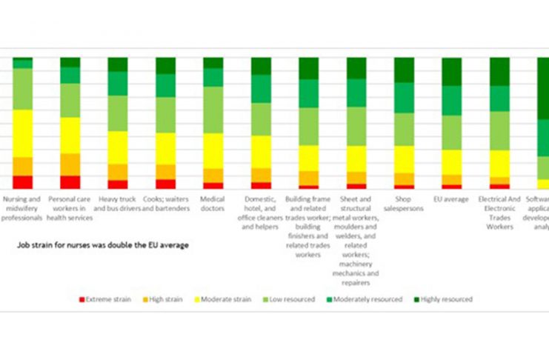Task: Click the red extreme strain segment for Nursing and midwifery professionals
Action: pos(22,182)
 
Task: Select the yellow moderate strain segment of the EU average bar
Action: pos(451,161)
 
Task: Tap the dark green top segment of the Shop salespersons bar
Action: pos(404,70)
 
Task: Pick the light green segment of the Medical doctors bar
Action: pos(213,110)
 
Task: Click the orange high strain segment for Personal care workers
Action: pos(70,164)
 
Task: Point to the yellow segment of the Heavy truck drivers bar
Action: pos(117,147)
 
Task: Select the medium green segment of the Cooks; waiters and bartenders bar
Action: pos(165,85)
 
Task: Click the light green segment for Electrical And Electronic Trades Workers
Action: pos(499,130)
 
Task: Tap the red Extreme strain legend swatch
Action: pos(81,300)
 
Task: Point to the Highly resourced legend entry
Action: pos(445,300)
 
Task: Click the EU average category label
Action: pos(451,199)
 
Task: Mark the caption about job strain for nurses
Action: pos(103,244)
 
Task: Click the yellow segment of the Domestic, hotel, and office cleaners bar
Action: pos(261,152)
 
